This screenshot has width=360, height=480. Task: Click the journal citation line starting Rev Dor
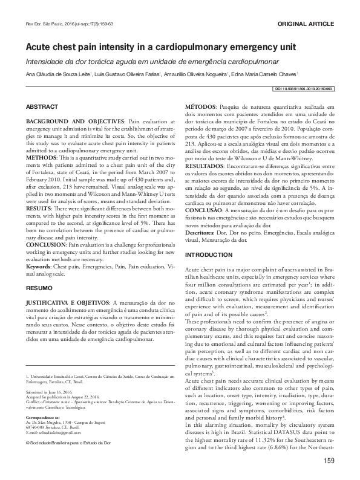[65, 24]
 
